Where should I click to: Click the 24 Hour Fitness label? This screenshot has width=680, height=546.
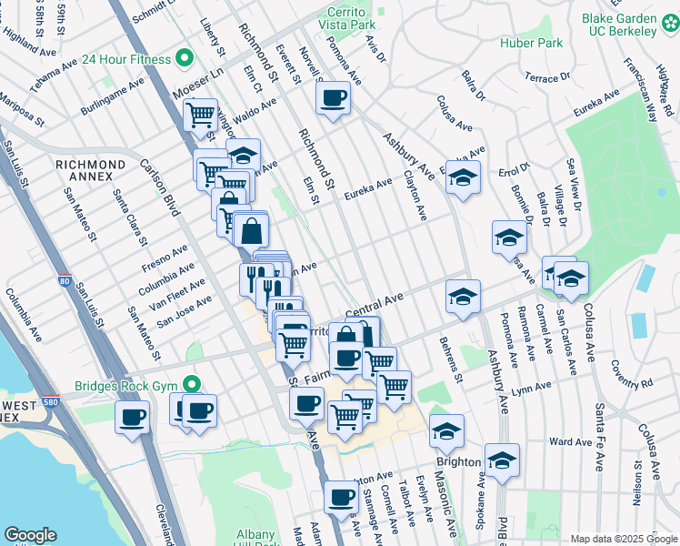[125, 59]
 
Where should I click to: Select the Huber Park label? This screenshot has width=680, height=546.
[531, 43]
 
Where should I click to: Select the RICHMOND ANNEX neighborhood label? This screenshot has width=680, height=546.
[90, 164]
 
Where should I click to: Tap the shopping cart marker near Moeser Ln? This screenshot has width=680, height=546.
[200, 115]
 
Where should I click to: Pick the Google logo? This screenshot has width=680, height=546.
[30, 535]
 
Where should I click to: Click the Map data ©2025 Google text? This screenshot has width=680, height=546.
[623, 539]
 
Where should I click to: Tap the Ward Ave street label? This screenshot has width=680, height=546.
[571, 442]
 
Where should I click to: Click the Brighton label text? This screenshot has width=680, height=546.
[458, 461]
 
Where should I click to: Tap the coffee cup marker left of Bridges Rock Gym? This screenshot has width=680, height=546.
[133, 418]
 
